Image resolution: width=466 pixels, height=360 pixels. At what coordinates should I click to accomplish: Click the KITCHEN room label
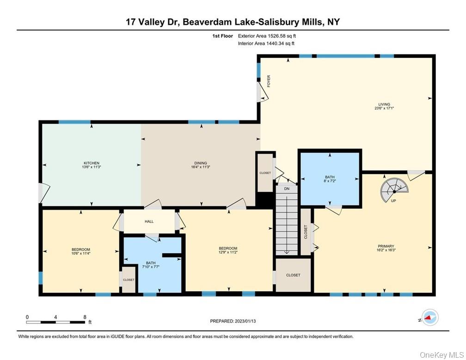tap(92, 163)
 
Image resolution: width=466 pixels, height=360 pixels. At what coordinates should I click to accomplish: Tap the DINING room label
tap(200, 163)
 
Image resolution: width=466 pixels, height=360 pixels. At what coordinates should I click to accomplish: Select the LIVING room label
tap(384, 104)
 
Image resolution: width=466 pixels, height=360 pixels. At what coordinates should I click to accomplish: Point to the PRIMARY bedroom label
tap(386, 246)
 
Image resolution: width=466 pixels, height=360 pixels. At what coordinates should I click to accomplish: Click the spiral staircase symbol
tap(394, 190)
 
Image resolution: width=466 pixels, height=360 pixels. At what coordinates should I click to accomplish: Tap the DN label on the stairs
tap(286, 189)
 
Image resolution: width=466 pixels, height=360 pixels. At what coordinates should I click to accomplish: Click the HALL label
tap(149, 222)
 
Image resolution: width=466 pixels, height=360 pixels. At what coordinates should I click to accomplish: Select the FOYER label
tap(269, 81)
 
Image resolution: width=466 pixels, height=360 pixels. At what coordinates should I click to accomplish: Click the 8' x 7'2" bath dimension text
tap(330, 181)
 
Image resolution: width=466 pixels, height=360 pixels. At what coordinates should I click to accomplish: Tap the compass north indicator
tap(430, 317)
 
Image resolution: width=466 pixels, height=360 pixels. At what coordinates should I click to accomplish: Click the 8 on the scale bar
tap(85, 317)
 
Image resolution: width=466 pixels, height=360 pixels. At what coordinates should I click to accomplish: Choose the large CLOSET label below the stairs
tap(293, 275)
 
